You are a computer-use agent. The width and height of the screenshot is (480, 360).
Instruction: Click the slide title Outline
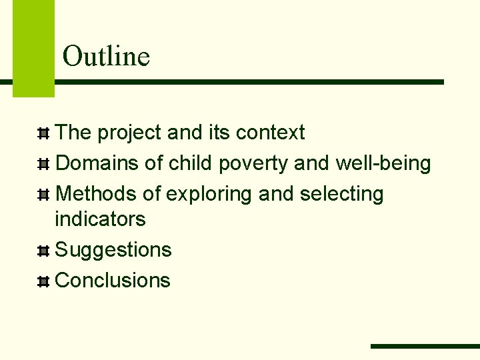(x=106, y=56)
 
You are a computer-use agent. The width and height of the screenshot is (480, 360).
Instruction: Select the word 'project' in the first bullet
(x=129, y=133)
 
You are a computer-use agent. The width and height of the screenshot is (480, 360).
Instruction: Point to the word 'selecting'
(x=341, y=195)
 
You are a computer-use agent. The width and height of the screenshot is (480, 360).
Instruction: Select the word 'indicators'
(x=100, y=219)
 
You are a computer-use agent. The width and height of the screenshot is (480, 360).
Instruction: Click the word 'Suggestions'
(x=113, y=250)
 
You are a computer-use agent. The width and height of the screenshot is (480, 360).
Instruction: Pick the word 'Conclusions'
(x=113, y=281)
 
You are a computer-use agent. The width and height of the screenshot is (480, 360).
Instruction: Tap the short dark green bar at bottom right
(x=425, y=346)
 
